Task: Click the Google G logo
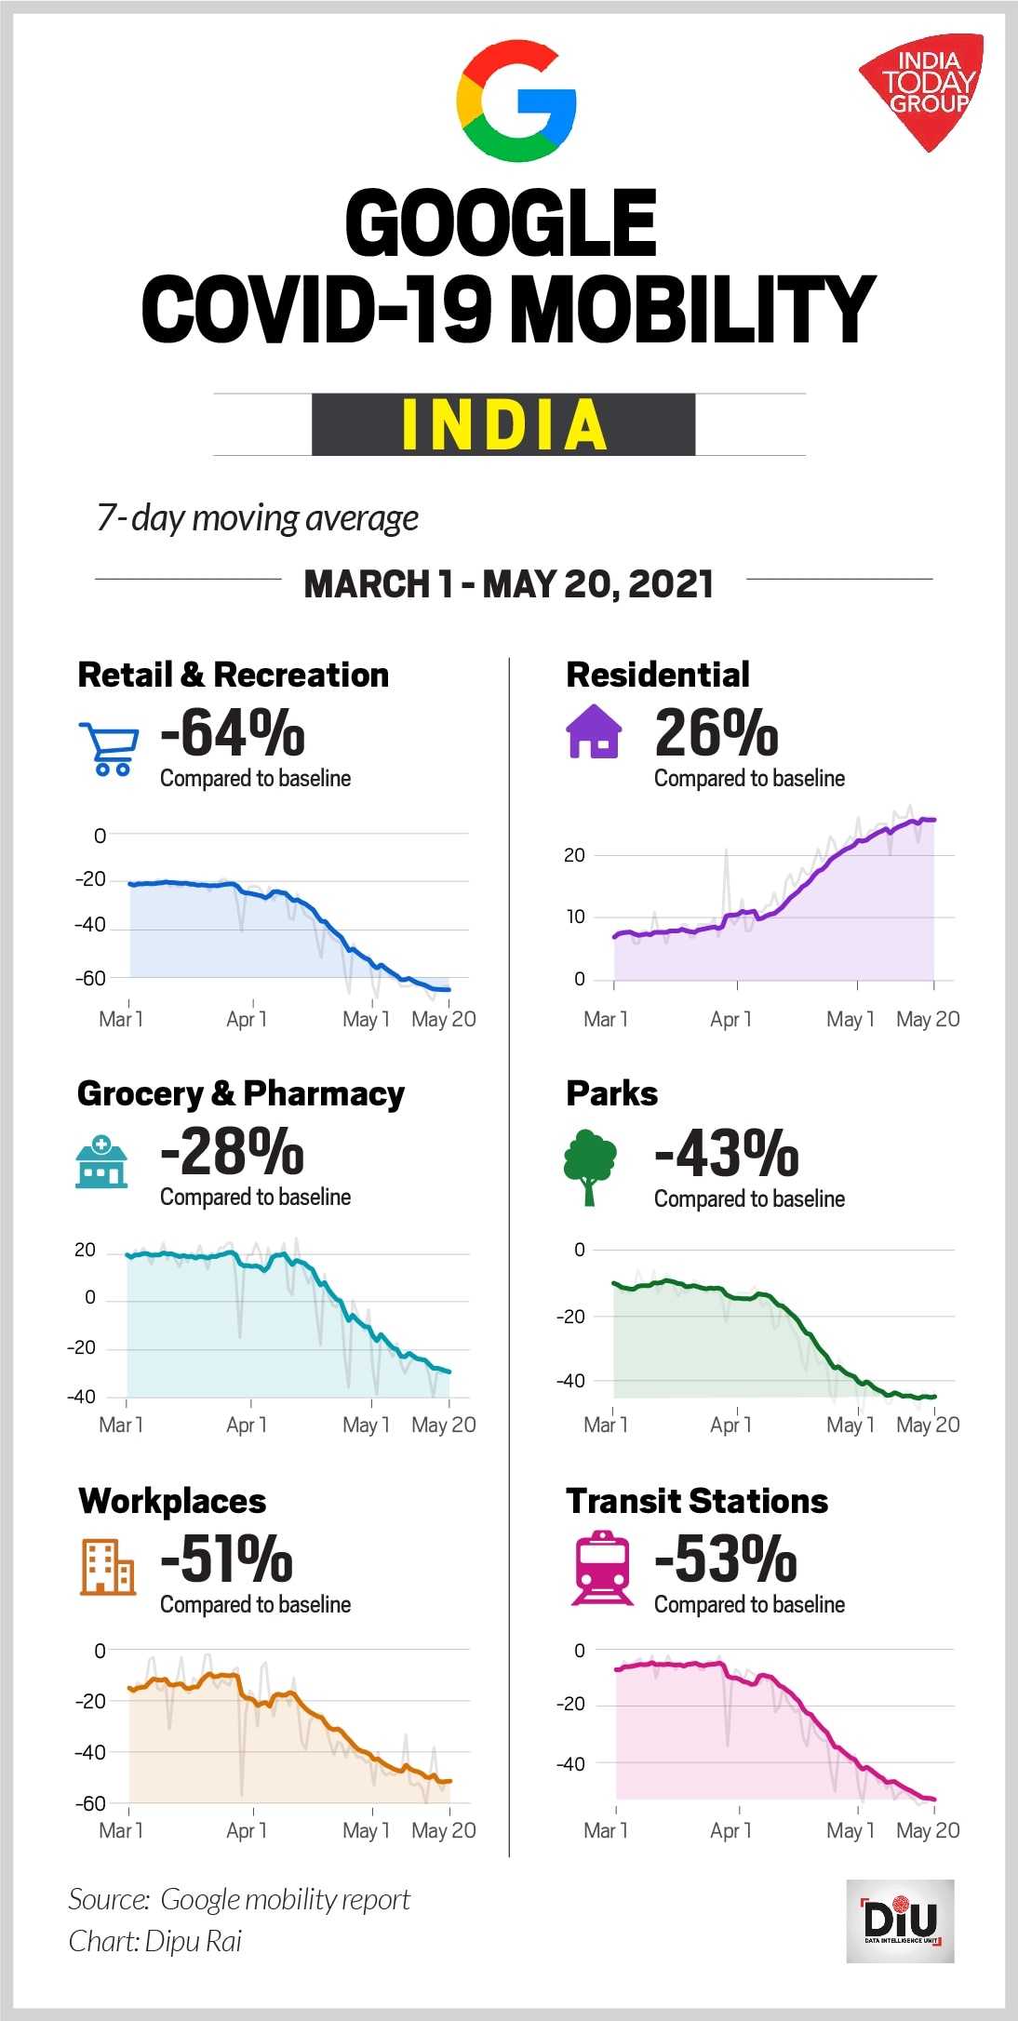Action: pos(516,101)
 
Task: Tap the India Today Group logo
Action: pos(923,89)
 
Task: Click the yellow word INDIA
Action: pos(503,425)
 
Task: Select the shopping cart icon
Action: pos(109,749)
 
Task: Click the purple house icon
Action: pos(594,732)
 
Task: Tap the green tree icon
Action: pos(589,1167)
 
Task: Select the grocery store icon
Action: pos(101,1161)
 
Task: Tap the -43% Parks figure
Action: pos(727,1154)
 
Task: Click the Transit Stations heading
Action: pos(696,1501)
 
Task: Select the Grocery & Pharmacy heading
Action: pos(241,1093)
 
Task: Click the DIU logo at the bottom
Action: pos(900,1921)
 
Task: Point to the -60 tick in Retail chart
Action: pos(90,978)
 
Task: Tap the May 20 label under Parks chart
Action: pos(928,1425)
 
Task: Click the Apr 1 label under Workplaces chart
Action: pos(247,1830)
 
